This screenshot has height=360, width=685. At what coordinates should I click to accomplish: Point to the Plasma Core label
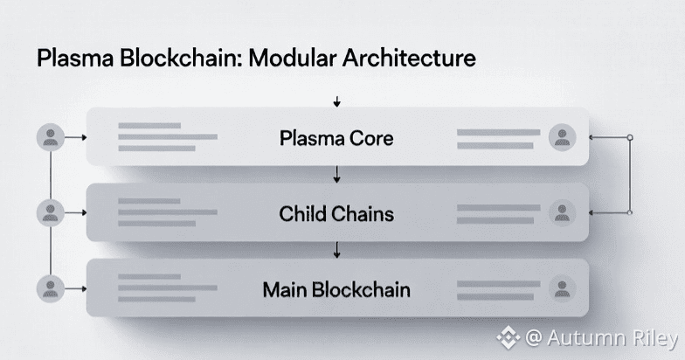pyautogui.click(x=336, y=138)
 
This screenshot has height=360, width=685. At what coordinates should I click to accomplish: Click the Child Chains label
pyautogui.click(x=336, y=213)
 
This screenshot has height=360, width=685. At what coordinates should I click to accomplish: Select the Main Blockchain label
pyautogui.click(x=336, y=288)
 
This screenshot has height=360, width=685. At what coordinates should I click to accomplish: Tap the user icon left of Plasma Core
pyautogui.click(x=51, y=137)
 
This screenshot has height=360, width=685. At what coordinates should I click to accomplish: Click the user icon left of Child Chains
pyautogui.click(x=51, y=212)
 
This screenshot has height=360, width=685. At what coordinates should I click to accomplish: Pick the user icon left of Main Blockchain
pyautogui.click(x=51, y=288)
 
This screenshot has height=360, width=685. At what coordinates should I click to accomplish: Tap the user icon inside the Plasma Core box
pyautogui.click(x=562, y=137)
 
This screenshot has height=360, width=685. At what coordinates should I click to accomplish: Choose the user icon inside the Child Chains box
pyautogui.click(x=562, y=212)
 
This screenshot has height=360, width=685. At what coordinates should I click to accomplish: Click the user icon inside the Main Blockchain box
pyautogui.click(x=562, y=288)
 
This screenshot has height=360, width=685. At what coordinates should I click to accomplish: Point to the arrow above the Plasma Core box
pyautogui.click(x=336, y=103)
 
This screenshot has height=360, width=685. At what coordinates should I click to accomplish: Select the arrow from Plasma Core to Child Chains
pyautogui.click(x=336, y=177)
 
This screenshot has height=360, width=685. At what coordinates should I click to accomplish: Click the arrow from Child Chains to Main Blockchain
pyautogui.click(x=336, y=253)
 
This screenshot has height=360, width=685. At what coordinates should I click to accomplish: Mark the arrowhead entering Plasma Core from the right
pyautogui.click(x=593, y=138)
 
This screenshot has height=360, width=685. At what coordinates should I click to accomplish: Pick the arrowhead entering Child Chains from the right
pyautogui.click(x=593, y=212)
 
